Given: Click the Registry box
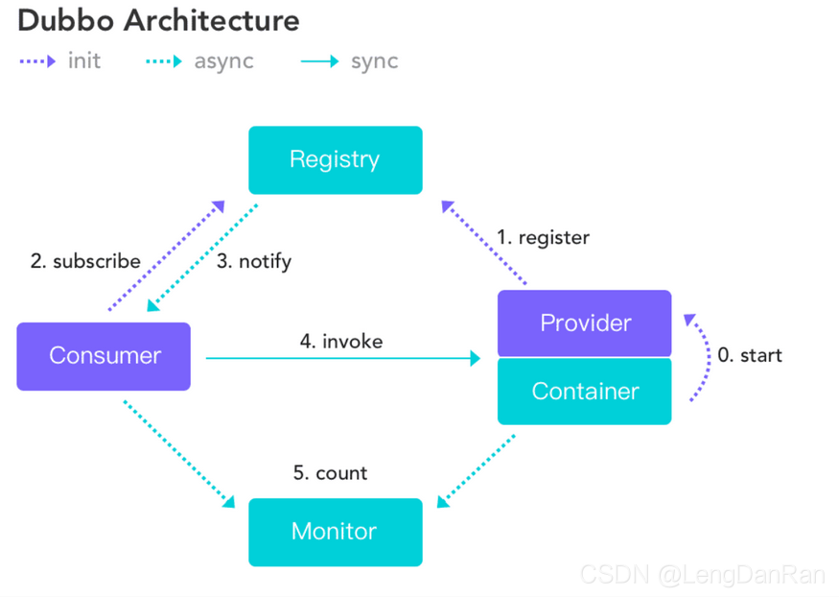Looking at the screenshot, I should point(335,159).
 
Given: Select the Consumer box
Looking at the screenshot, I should point(104,356).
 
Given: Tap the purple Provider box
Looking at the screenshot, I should point(584,323).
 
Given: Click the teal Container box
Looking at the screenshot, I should point(584,392).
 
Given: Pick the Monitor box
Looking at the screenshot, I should point(335,531).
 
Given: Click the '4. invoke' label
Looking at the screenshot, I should point(341,341).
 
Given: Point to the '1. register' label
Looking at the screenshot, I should point(543,237).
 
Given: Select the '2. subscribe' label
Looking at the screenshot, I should point(85,261).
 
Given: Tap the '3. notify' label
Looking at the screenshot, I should point(253,261).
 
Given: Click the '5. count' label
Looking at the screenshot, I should point(330,473).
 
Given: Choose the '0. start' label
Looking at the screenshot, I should point(750,355).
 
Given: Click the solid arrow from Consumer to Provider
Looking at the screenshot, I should point(342,358).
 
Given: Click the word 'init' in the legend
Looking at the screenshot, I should point(84,61).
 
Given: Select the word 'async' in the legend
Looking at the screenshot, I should point(223,61).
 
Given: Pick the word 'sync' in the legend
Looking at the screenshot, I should point(374,61).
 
